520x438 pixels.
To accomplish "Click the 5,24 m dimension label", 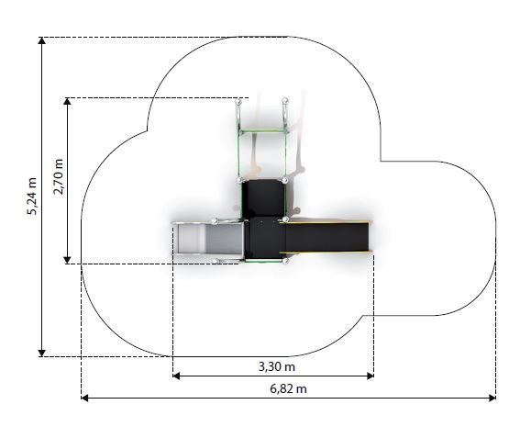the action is point(32,197).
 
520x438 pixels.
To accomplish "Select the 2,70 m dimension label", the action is point(59,177).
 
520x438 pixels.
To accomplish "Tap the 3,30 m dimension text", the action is point(277,367).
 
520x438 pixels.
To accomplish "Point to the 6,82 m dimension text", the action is point(288,388).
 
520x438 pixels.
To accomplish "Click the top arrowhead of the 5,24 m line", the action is point(42,40).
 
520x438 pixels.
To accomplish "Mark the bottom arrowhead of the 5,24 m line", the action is point(42,354).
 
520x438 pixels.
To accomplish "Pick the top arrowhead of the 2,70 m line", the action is point(67,101).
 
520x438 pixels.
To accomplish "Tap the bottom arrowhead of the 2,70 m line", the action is point(67,261).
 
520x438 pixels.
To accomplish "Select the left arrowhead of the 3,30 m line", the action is point(176,376).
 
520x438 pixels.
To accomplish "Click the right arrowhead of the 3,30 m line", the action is point(371,376).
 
